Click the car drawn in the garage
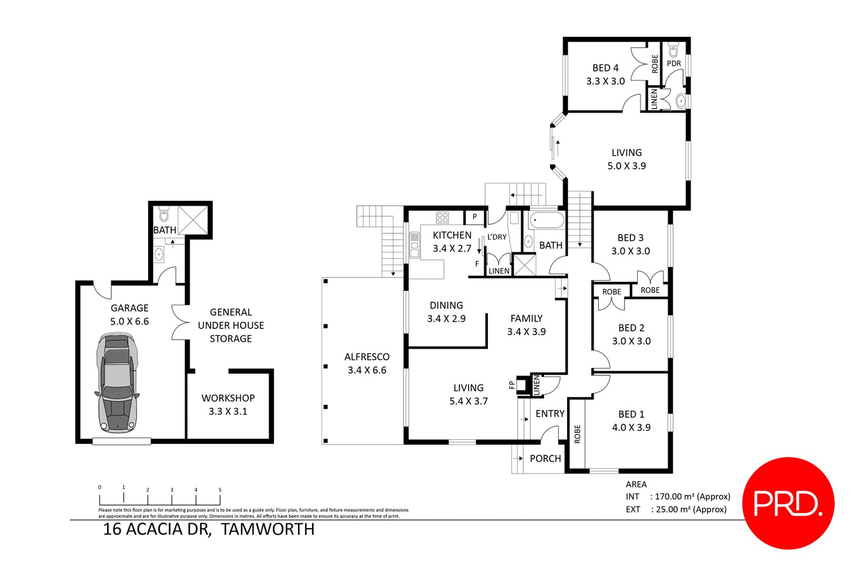click(117, 383)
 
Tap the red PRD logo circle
click(789, 503)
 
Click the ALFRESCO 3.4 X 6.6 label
click(367, 363)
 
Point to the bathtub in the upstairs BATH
click(546, 221)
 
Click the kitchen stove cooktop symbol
click(442, 217)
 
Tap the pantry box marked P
click(475, 217)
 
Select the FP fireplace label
click(511, 385)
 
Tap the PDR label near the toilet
click(674, 63)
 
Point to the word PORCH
click(545, 458)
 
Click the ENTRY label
click(550, 413)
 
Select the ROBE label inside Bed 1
click(577, 434)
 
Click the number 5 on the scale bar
click(220, 490)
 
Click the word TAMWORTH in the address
click(268, 529)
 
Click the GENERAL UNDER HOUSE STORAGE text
click(231, 325)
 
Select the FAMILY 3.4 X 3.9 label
click(526, 325)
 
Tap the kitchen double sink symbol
click(414, 245)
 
